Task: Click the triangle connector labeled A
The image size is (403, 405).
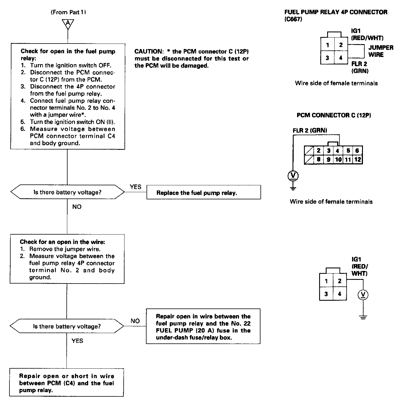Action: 68,23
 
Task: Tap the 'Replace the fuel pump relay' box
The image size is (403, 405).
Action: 204,192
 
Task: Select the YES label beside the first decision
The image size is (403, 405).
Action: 135,187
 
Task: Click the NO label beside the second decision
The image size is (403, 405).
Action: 135,321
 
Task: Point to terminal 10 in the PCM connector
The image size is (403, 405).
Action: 338,160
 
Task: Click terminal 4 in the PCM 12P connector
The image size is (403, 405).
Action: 338,151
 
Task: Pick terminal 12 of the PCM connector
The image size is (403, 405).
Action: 357,160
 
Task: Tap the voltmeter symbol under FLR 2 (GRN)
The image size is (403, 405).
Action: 293,176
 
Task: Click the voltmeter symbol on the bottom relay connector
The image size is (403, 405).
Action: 363,295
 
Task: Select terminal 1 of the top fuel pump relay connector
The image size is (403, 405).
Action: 327,45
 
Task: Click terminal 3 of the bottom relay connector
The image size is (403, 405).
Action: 326,294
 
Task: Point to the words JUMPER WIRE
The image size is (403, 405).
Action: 381,51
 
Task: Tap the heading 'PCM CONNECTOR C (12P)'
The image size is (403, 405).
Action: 334,115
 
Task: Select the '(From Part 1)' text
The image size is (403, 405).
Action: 68,12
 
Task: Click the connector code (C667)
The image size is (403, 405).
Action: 293,19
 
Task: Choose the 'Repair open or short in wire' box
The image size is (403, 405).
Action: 66,383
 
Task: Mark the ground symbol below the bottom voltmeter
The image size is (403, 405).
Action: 363,317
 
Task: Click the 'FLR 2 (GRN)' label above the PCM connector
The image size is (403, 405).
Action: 310,131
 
